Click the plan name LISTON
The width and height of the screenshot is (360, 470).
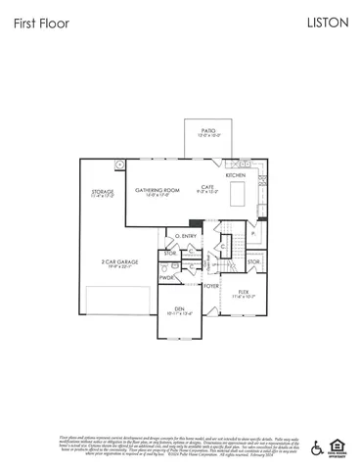click(327, 23)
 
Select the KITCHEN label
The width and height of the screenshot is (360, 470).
click(236, 175)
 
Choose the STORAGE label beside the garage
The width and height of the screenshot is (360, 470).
click(103, 192)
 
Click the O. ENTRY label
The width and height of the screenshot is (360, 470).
click(185, 236)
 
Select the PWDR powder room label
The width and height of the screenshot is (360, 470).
click(167, 278)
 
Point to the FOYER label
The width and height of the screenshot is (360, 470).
click(210, 287)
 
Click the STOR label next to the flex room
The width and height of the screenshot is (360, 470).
click(253, 262)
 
